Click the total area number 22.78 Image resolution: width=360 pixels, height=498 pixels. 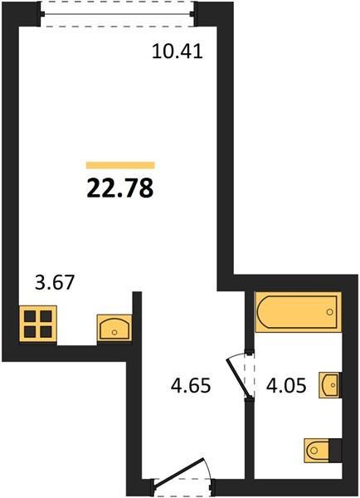pos(120,188)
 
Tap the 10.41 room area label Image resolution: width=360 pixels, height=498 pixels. pos(178,51)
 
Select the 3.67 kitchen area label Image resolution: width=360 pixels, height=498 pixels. pos(55,282)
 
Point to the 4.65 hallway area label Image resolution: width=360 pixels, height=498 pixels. pos(191,385)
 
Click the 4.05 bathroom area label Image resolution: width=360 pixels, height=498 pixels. pos(286,386)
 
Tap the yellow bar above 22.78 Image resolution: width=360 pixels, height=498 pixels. pos(120,165)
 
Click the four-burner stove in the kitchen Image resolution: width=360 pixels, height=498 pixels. pos(38,325)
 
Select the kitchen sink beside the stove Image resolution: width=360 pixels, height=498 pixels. pos(114,328)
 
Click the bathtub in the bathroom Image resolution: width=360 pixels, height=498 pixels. pos(298,312)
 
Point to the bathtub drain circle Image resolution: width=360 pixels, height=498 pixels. pos(330,312)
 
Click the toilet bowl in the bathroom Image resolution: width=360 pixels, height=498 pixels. pos(317,451)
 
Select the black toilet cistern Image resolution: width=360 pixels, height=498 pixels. pos(335,451)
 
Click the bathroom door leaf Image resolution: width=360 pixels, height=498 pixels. pos(238,378)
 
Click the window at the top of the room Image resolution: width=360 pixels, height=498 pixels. pos(118,14)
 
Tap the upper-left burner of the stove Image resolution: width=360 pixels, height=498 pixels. pos(30,316)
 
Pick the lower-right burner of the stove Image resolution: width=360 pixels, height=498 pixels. pos(46,332)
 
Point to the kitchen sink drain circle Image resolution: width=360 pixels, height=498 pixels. pos(114,332)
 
